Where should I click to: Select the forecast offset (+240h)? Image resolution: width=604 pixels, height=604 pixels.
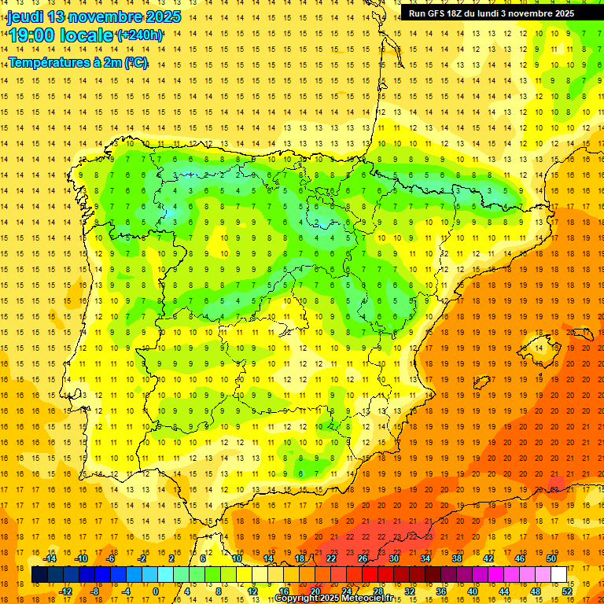click(140, 35)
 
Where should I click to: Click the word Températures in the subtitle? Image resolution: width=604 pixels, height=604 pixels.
click(48, 63)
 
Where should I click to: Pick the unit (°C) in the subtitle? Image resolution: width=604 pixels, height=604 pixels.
click(135, 63)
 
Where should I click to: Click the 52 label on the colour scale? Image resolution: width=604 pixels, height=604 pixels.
click(566, 591)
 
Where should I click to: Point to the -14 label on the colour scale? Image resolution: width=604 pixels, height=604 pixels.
click(50, 558)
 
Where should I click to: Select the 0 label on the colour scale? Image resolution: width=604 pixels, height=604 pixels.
click(156, 591)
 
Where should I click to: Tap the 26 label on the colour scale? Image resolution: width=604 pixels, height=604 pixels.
click(363, 558)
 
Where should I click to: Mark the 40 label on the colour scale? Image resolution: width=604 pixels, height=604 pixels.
click(473, 591)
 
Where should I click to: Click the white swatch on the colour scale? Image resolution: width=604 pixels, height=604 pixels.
click(558, 575)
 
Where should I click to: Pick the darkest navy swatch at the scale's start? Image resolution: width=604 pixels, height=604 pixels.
click(39, 575)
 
